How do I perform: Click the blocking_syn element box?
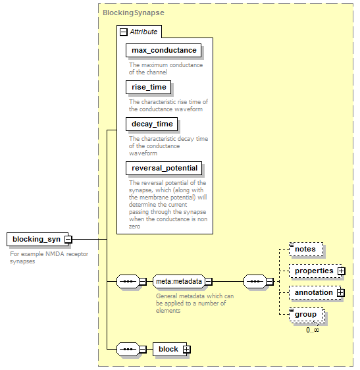38,239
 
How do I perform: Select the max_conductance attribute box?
163,50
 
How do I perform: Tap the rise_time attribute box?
148,87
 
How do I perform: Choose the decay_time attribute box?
151,124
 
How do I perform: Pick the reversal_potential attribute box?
164,168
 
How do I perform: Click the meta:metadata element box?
179,281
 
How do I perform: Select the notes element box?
306,249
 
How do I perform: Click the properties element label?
314,271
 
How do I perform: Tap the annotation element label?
313,292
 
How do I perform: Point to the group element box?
307,315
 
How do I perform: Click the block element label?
168,349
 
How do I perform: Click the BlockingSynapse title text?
134,13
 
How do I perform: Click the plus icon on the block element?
187,349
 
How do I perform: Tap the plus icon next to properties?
341,271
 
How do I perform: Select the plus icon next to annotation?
341,292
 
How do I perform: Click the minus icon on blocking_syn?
68,240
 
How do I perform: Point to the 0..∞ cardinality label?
313,330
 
